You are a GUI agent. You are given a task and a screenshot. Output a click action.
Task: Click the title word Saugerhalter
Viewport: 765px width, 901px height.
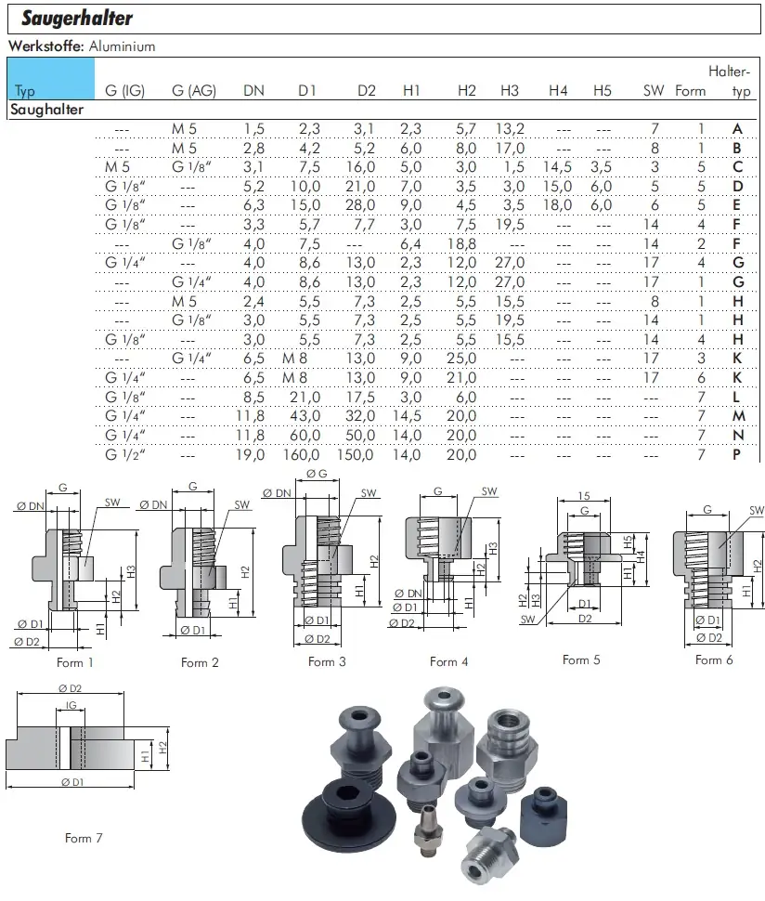point(77,19)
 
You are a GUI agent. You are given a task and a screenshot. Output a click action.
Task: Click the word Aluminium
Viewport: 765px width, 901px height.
point(122,46)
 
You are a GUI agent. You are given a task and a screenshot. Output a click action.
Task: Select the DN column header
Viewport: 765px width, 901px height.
point(253,90)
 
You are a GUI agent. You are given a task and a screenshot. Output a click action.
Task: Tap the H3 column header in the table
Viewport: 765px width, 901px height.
point(510,90)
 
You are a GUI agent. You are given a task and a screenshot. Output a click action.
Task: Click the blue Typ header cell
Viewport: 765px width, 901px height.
point(51,79)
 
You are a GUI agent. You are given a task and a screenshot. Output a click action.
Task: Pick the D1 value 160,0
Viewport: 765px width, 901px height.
point(302,454)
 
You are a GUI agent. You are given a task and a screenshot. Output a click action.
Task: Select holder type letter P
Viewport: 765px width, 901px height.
point(737,454)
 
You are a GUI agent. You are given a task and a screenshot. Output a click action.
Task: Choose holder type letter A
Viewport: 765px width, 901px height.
point(737,129)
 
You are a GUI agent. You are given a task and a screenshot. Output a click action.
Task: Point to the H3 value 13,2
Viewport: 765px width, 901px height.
point(510,129)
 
